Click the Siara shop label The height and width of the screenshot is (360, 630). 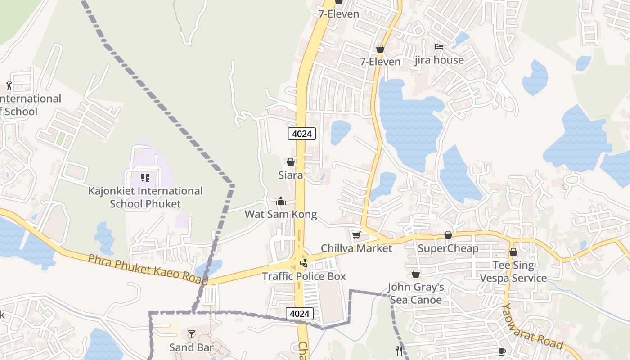click(291, 175)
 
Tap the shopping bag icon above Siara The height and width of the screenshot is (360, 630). click(291, 162)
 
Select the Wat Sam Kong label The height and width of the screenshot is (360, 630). click(281, 214)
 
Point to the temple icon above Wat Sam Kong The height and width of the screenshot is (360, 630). click(281, 201)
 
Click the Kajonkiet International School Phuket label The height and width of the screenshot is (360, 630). click(145, 197)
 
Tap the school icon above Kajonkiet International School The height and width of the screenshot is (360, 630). click(145, 178)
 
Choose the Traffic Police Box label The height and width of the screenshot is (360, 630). click(304, 276)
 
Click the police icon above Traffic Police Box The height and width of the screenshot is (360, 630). click(304, 263)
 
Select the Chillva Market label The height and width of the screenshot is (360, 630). click(356, 248)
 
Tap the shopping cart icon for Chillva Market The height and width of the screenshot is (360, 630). click(356, 235)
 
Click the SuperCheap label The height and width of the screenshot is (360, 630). click(448, 248)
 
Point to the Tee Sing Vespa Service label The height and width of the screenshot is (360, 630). click(513, 271)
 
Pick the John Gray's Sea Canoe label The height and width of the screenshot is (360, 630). click(416, 293)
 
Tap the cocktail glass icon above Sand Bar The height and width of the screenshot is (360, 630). click(192, 334)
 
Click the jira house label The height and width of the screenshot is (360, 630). click(439, 60)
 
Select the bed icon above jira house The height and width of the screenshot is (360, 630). click(439, 46)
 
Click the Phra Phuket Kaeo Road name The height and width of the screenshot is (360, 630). click(148, 269)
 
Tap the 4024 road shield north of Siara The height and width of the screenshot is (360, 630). click(302, 134)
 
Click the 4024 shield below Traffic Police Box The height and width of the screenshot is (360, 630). click(300, 313)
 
